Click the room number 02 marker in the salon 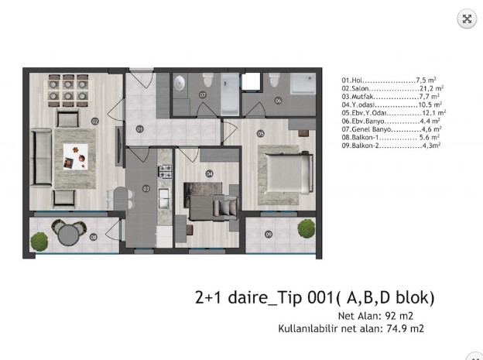[95, 122]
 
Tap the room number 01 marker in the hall [139, 129]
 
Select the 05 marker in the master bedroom [261, 134]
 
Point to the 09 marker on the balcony [269, 235]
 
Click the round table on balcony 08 [69, 235]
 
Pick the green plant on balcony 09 [307, 228]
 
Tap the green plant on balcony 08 [39, 242]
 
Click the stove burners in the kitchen [165, 172]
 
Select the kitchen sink [163, 198]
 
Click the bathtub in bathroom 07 [230, 94]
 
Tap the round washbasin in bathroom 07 [180, 83]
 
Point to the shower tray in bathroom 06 [303, 84]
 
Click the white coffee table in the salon [76, 157]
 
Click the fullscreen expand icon [467, 19]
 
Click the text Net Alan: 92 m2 [375, 316]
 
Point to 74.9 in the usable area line [396, 328]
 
